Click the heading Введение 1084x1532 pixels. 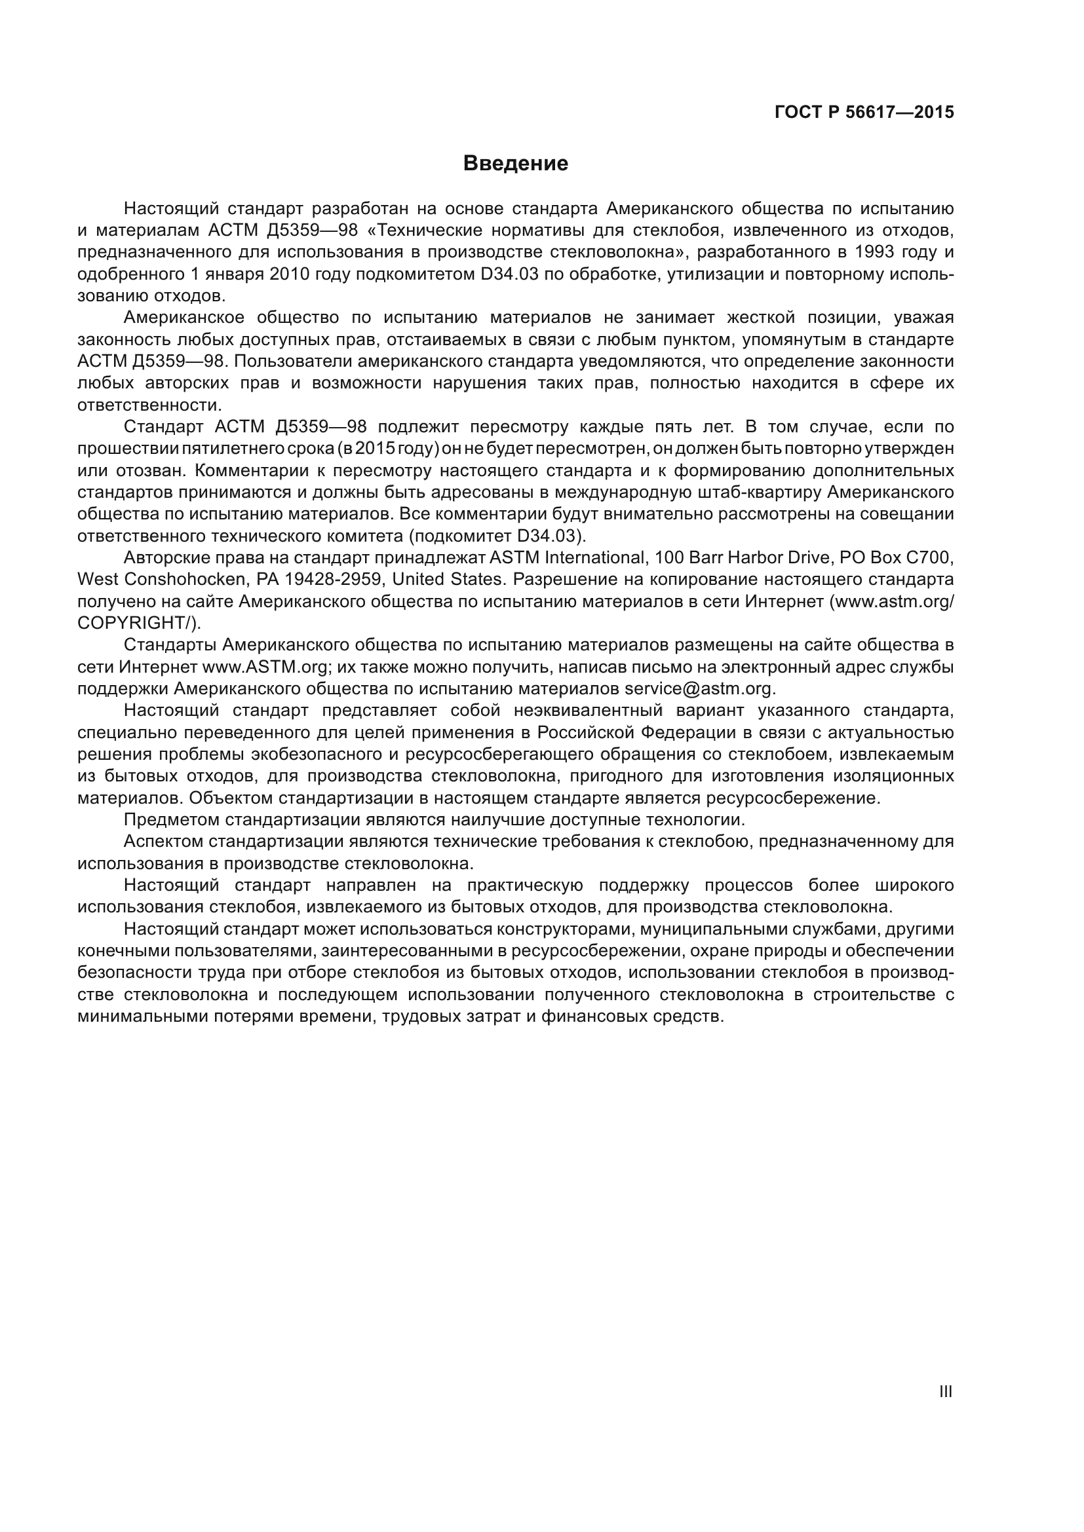point(515,164)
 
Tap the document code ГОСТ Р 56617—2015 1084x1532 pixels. point(864,112)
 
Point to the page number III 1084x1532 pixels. point(945,1391)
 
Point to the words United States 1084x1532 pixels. point(437,579)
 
